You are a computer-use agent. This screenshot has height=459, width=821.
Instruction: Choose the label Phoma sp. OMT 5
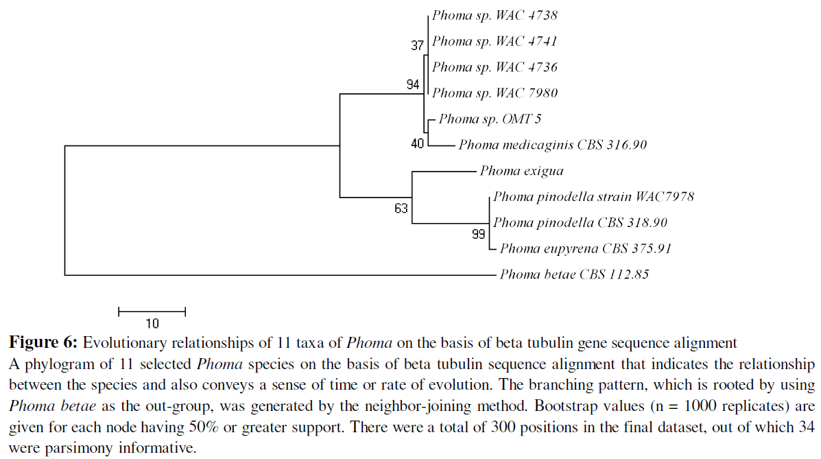coord(490,119)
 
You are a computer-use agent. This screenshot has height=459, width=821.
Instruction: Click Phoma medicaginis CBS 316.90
coord(553,145)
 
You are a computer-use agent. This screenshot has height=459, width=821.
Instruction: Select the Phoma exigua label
coord(521,171)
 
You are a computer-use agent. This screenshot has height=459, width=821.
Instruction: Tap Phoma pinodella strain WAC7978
coord(593,197)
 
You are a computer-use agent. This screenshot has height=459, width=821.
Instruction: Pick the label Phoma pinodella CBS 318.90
coord(580,223)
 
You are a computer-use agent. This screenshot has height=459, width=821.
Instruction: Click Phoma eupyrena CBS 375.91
coord(585,249)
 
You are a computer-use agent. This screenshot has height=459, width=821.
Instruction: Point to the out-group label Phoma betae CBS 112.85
coord(574,275)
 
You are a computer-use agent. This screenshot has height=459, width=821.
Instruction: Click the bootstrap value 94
coord(413,84)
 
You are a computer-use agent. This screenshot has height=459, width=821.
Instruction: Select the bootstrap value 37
coord(417,46)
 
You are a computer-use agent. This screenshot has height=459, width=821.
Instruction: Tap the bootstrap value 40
coord(417,144)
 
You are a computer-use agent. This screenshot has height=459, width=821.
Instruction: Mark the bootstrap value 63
coord(401,209)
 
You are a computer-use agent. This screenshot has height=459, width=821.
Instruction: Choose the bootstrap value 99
coord(478,235)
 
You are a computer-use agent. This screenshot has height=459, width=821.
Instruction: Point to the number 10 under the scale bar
coord(152,323)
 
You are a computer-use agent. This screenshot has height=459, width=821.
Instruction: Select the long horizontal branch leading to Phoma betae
coord(274,275)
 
